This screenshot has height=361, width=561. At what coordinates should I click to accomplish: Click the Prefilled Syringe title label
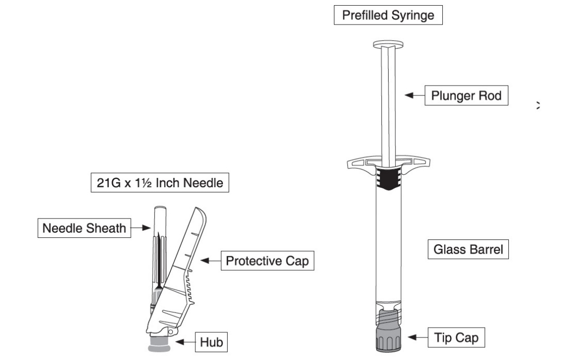coord(389,16)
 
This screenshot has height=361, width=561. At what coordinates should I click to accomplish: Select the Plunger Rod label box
coord(466,96)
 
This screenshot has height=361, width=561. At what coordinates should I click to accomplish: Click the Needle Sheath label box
coord(84,228)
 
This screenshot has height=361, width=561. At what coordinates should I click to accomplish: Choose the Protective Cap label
coord(267,261)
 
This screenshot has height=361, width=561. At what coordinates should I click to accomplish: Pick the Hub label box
coord(213,343)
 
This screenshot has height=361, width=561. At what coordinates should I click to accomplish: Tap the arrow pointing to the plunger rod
coord(415,95)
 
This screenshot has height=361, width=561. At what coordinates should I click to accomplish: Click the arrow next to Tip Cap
coord(416,338)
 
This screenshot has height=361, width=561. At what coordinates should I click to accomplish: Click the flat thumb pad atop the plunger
coord(389,44)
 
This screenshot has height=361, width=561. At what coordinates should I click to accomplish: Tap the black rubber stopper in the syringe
coord(388,180)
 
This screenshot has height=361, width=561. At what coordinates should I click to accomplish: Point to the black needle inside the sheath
coord(157,261)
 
